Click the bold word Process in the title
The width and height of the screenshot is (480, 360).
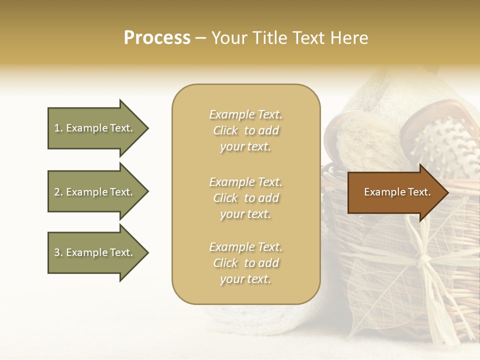tap(157, 38)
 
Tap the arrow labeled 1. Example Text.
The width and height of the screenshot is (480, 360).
tap(95, 128)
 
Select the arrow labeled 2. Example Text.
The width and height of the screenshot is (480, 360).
tap(95, 192)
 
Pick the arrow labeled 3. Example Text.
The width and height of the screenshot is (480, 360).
tap(95, 252)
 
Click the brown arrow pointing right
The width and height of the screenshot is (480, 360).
tap(395, 192)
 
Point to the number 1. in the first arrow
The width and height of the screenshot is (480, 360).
tap(58, 128)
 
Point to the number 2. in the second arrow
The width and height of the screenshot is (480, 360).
tap(58, 192)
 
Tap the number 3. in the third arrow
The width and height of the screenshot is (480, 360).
tap(58, 252)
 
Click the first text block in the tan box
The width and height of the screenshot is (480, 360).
tap(246, 130)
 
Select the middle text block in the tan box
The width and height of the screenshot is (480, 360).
tap(246, 198)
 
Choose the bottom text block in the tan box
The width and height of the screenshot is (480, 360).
tap(246, 263)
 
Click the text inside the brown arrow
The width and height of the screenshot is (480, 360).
tap(397, 192)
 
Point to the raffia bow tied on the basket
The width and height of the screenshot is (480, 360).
tap(422, 260)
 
